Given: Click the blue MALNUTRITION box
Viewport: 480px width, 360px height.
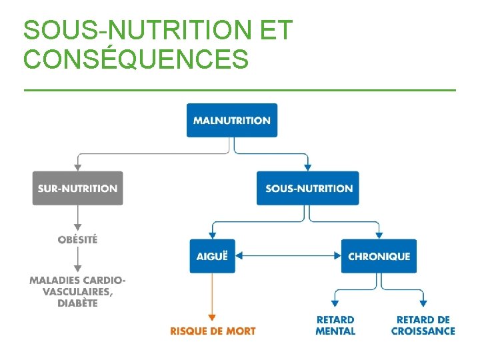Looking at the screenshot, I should [231, 121].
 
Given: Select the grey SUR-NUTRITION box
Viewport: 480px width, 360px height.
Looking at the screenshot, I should [77, 189].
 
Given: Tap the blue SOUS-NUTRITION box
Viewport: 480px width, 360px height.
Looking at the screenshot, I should [308, 189].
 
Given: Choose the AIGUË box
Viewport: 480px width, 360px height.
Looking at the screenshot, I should [212, 256].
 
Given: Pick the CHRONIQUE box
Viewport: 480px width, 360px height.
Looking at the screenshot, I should [379, 256].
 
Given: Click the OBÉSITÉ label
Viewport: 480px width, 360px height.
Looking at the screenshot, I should [77, 239].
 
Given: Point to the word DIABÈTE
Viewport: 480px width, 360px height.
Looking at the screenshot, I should [77, 303].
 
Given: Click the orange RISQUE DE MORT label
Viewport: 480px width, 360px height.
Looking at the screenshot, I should [213, 331].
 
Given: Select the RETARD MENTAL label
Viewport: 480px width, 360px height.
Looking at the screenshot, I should [335, 325].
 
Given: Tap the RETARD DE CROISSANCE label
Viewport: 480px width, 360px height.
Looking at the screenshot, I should [423, 325].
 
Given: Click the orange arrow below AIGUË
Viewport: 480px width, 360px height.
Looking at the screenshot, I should [212, 297].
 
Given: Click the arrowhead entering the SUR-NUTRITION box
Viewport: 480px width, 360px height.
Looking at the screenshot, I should [77, 167].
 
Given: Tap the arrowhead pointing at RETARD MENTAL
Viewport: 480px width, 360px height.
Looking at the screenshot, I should [335, 304].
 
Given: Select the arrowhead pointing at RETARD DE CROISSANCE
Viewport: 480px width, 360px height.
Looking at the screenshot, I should [423, 304].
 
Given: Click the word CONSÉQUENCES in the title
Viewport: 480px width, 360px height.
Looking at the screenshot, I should [136, 60].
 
